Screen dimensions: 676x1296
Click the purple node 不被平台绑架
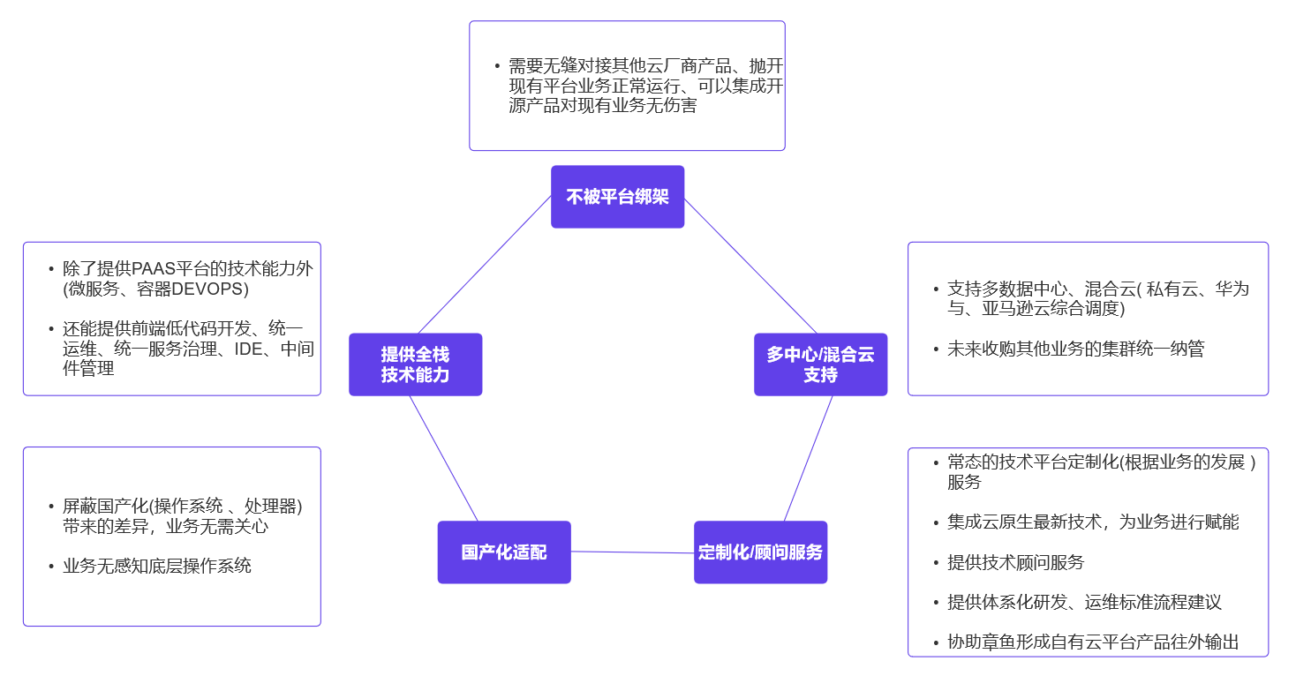click(617, 197)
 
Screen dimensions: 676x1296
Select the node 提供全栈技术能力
click(415, 364)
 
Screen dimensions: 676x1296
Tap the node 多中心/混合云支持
click(820, 364)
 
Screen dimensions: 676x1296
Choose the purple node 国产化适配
click(504, 552)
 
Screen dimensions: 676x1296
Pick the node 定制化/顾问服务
click(760, 552)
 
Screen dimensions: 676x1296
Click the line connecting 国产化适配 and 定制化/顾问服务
click(632, 552)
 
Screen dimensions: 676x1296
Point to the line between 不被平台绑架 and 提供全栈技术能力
click(484, 265)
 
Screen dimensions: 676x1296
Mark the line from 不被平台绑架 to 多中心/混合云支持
click(750, 266)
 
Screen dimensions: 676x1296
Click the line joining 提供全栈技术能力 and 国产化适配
click(444, 459)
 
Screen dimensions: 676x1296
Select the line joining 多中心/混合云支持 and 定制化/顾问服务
click(808, 459)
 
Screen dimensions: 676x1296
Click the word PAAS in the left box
click(154, 269)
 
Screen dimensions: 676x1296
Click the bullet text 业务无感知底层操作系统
click(157, 566)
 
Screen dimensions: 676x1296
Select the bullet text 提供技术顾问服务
click(1015, 562)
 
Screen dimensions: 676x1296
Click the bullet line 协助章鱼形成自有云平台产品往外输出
click(1093, 642)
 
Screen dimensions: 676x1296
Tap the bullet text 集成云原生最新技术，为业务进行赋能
click(1093, 522)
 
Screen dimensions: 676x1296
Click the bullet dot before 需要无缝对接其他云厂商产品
click(497, 67)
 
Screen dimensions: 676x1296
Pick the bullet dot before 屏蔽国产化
click(51, 507)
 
